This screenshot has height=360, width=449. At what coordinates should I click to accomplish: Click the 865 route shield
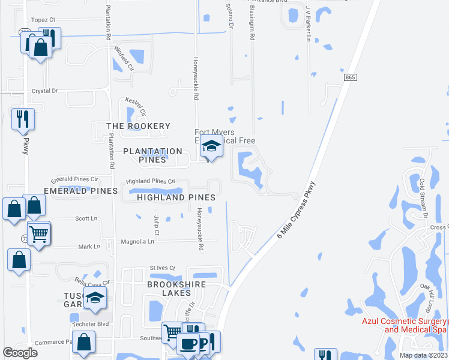click(x=351, y=78)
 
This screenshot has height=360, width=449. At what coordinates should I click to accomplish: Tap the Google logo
click(x=20, y=353)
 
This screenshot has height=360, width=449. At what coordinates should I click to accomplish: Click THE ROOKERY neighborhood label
click(x=138, y=126)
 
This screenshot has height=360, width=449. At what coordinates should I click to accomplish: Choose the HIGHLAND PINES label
click(x=176, y=197)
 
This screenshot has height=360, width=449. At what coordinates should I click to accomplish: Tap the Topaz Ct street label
click(x=43, y=19)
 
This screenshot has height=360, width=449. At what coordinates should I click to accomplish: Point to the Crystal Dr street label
click(x=45, y=91)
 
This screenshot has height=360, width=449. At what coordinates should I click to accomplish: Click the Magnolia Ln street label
click(x=139, y=241)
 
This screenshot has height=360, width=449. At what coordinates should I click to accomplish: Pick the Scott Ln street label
click(x=86, y=218)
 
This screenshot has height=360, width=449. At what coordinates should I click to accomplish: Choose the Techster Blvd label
click(x=91, y=324)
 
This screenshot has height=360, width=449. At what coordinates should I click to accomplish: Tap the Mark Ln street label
click(x=89, y=247)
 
